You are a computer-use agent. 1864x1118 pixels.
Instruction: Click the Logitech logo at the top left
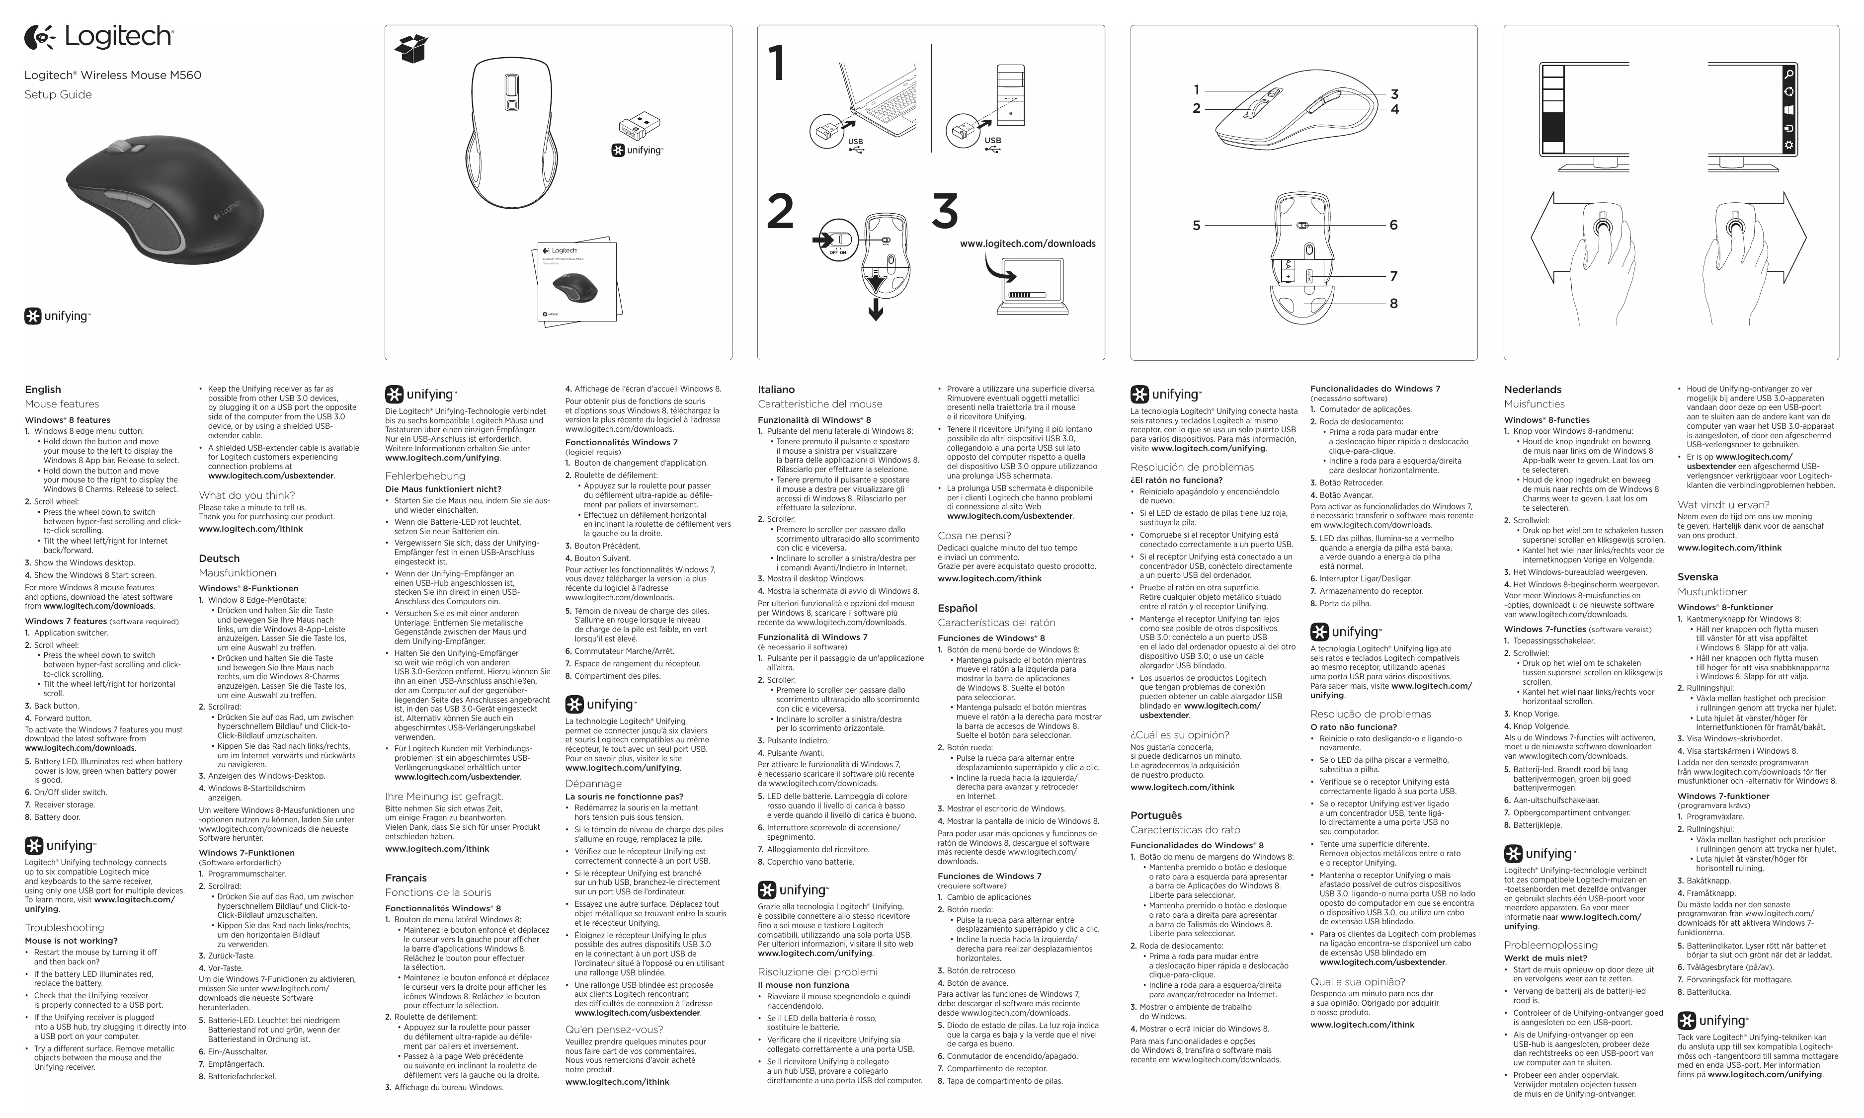pyautogui.click(x=99, y=37)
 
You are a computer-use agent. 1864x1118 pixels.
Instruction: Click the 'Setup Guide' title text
pyautogui.click(x=58, y=95)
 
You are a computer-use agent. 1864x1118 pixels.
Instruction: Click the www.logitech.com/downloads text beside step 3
pyautogui.click(x=1028, y=244)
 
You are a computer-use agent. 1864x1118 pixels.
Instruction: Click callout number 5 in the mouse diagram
pyautogui.click(x=1197, y=225)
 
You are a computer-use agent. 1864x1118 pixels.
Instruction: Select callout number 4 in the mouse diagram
pyautogui.click(x=1394, y=109)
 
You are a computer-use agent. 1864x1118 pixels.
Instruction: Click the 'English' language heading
pyautogui.click(x=43, y=390)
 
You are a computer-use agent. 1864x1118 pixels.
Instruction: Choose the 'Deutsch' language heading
pyautogui.click(x=219, y=558)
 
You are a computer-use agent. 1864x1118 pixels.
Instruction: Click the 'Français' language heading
pyautogui.click(x=406, y=878)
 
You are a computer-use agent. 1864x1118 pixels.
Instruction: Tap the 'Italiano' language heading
pyautogui.click(x=776, y=390)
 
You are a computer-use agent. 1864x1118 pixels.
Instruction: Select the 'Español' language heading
pyautogui.click(x=958, y=608)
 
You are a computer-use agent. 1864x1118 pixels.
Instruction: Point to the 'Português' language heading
pyautogui.click(x=1156, y=815)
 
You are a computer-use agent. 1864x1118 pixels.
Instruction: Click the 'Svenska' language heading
pyautogui.click(x=1698, y=577)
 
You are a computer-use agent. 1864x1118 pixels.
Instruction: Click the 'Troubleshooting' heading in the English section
pyautogui.click(x=64, y=927)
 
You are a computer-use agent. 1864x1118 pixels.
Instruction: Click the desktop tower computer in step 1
pyautogui.click(x=1010, y=94)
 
